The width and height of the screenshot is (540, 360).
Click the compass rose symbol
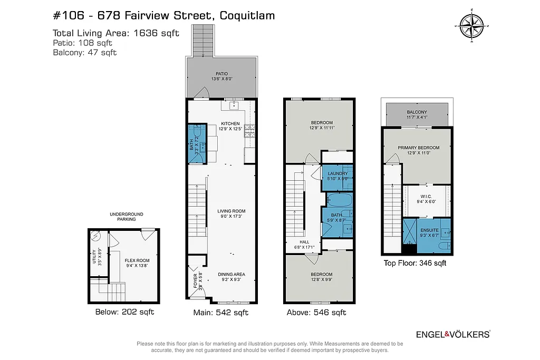coord(471,26)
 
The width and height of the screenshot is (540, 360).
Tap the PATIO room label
coord(222,74)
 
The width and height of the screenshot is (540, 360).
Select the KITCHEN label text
coord(230,124)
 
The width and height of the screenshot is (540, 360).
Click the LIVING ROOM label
coord(232,211)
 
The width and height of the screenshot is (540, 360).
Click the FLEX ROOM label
coord(137,260)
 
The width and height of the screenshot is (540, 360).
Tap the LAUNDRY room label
coord(337,173)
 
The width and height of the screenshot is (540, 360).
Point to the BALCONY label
coord(417,112)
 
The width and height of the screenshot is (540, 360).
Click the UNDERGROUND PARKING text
coord(126,217)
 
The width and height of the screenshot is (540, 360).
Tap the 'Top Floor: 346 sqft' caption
coord(414,263)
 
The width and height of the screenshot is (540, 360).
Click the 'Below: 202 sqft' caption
coord(124,312)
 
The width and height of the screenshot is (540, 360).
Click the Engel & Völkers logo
coord(453,334)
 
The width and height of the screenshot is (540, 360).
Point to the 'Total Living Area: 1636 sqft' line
coord(116,33)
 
